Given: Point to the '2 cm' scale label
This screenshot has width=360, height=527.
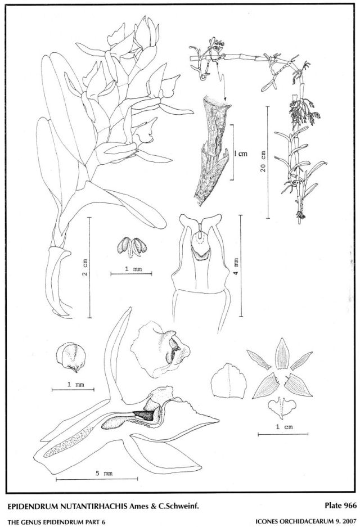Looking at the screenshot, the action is [85, 268].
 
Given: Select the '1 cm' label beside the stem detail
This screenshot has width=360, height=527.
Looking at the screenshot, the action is [241, 154].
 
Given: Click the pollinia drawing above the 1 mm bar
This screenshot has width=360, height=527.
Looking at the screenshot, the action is [132, 247].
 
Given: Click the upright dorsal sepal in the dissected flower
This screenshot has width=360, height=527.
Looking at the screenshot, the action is [282, 353].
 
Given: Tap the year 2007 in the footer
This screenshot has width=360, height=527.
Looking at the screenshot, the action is [349, 521].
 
